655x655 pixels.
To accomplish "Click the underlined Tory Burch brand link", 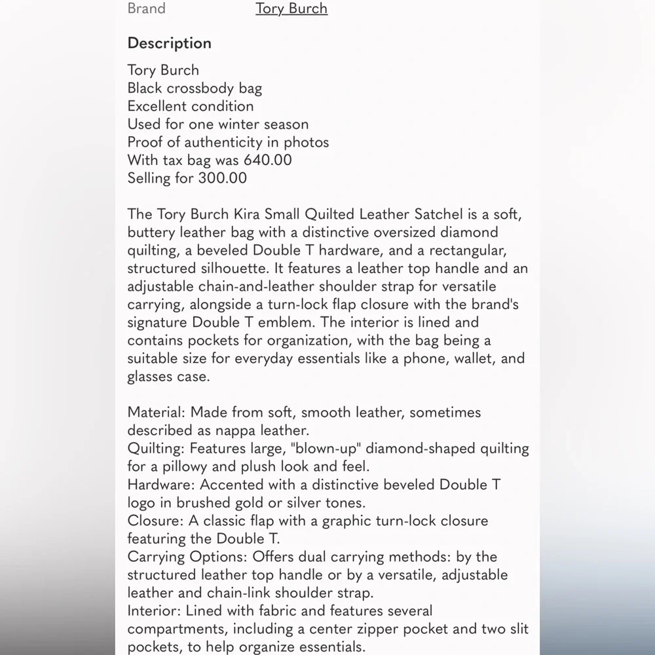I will pos(291,9).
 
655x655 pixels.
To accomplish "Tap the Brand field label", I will pos(146,9).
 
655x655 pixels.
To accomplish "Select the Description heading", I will pos(169,43).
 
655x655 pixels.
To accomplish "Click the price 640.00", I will pos(267,160).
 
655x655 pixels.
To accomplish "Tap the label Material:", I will pos(157,413).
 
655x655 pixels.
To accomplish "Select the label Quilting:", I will pos(157,449).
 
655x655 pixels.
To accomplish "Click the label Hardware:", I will pos(161,485).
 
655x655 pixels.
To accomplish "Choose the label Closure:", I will pos(156,521).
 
